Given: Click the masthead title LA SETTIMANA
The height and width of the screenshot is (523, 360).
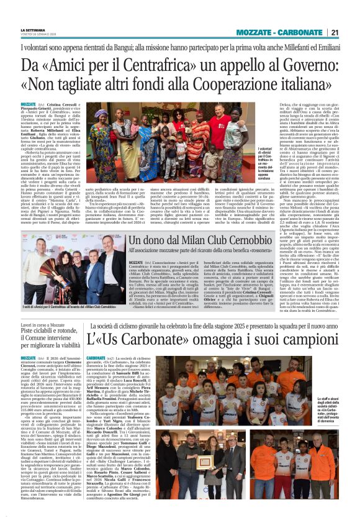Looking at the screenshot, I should click(x=34, y=30).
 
